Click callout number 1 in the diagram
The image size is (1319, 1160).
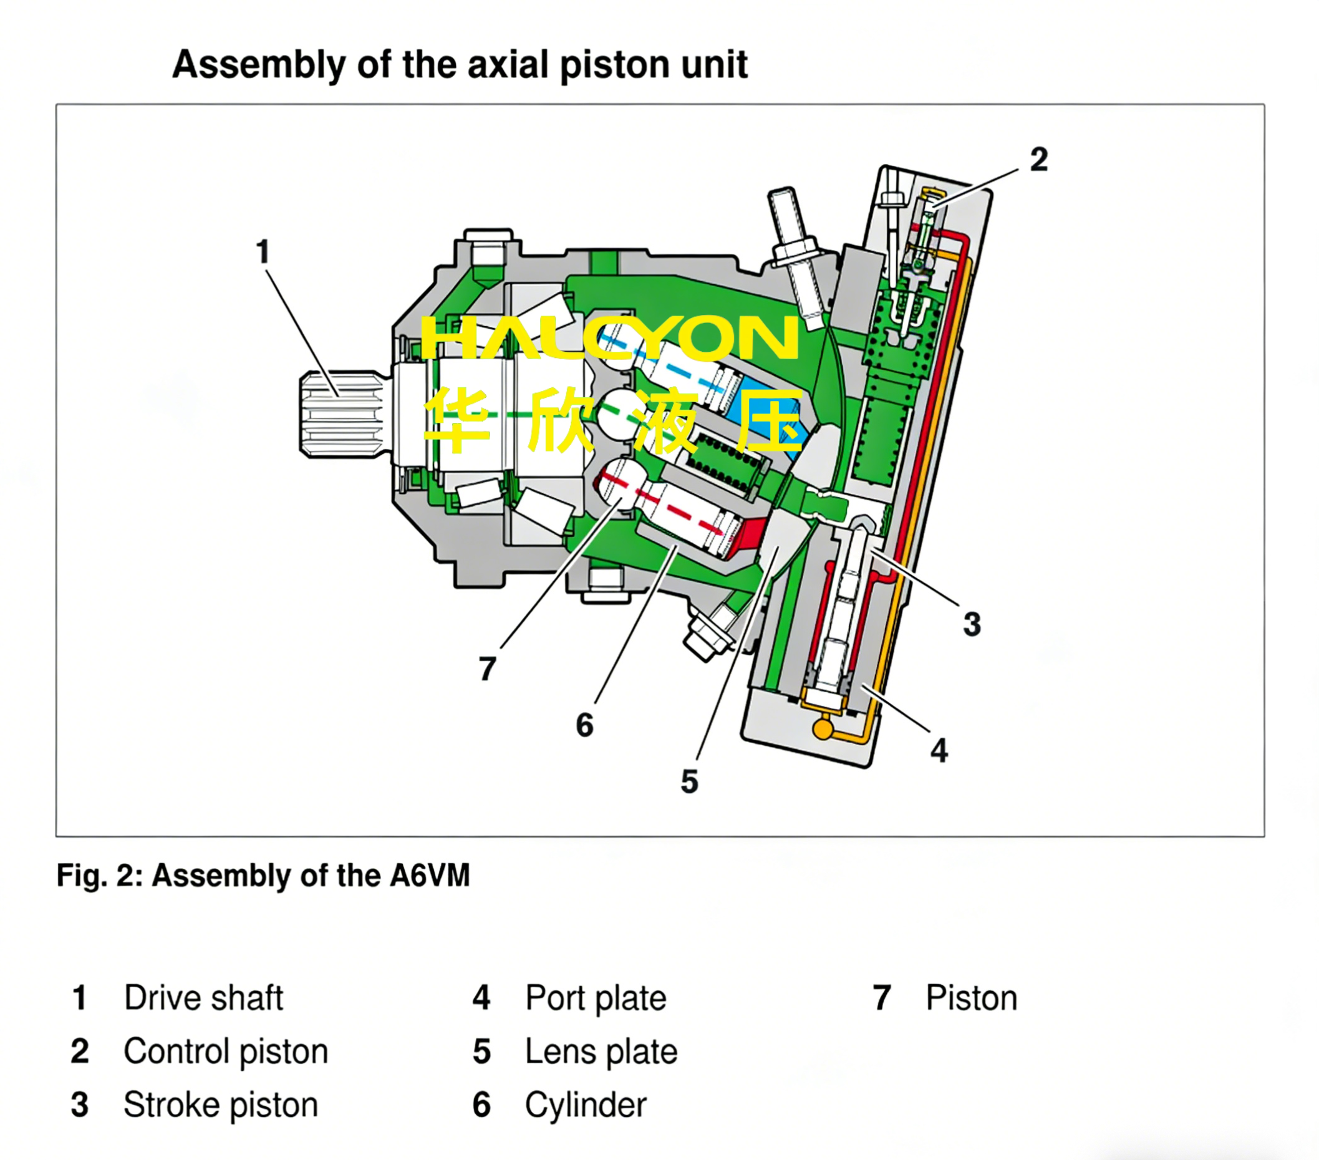pos(262,251)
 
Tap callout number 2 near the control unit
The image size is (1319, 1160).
pos(1038,160)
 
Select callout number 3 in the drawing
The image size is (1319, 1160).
pos(972,624)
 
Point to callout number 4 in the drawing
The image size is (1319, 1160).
pos(939,750)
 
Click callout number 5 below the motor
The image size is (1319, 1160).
pos(689,781)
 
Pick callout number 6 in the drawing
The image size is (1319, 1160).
pos(584,725)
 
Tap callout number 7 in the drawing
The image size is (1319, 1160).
pos(488,669)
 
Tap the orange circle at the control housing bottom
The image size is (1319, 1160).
pos(823,730)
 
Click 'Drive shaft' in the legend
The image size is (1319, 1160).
pos(203,998)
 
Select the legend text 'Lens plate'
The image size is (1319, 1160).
pos(601,1051)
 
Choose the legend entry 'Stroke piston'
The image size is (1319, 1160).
pos(221,1104)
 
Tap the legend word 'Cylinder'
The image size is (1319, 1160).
pos(586,1104)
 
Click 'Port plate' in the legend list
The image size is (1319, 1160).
pos(595,998)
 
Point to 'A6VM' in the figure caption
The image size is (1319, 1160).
pos(429,876)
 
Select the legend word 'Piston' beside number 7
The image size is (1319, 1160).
pos(971,998)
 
